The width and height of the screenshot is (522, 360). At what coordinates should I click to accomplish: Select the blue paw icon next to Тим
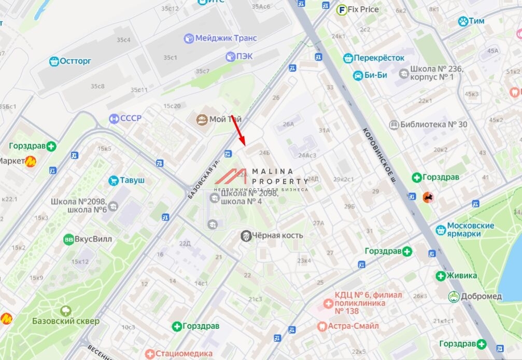(x=463, y=21)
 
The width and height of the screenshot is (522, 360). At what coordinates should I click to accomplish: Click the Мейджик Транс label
(x=222, y=38)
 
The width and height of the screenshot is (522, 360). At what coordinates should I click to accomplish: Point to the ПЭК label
(x=244, y=56)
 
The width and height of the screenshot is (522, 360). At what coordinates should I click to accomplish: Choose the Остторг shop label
(x=75, y=61)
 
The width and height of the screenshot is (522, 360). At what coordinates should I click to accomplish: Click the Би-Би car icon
(x=358, y=75)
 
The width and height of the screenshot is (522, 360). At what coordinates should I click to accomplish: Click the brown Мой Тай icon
(x=201, y=120)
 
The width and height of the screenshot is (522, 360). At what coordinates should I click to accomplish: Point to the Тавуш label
(x=132, y=181)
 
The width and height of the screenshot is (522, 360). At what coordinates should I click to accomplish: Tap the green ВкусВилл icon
(x=68, y=239)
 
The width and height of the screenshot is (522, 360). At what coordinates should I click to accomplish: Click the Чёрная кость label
(x=277, y=236)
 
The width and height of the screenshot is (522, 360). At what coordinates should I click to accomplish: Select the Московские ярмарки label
(x=471, y=229)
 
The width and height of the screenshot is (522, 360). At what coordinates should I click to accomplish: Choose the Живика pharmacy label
(x=461, y=275)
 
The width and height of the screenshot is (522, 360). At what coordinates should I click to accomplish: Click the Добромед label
(x=482, y=296)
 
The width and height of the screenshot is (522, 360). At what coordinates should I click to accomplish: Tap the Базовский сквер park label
(x=66, y=321)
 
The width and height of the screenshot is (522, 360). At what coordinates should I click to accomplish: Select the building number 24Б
(x=264, y=153)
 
